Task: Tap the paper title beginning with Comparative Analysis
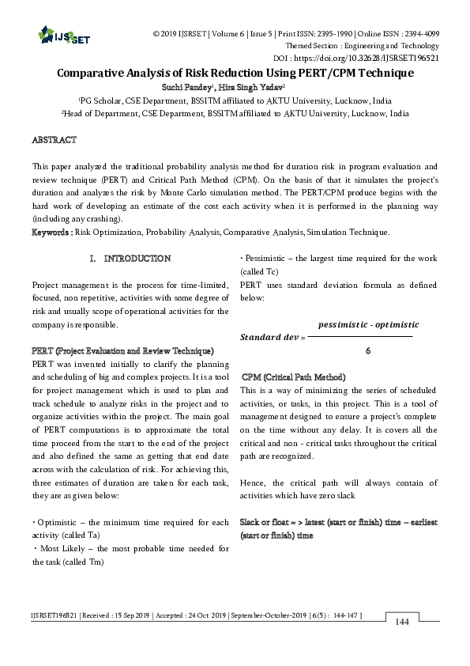click(x=235, y=73)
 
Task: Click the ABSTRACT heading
click(x=54, y=140)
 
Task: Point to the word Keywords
click(x=50, y=233)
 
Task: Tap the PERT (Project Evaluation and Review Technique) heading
click(x=122, y=350)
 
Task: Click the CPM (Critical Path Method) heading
click(x=293, y=377)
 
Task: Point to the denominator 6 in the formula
click(x=368, y=350)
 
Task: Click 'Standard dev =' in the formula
click(x=271, y=337)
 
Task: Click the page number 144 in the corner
click(x=401, y=645)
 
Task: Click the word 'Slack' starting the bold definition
click(x=250, y=523)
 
